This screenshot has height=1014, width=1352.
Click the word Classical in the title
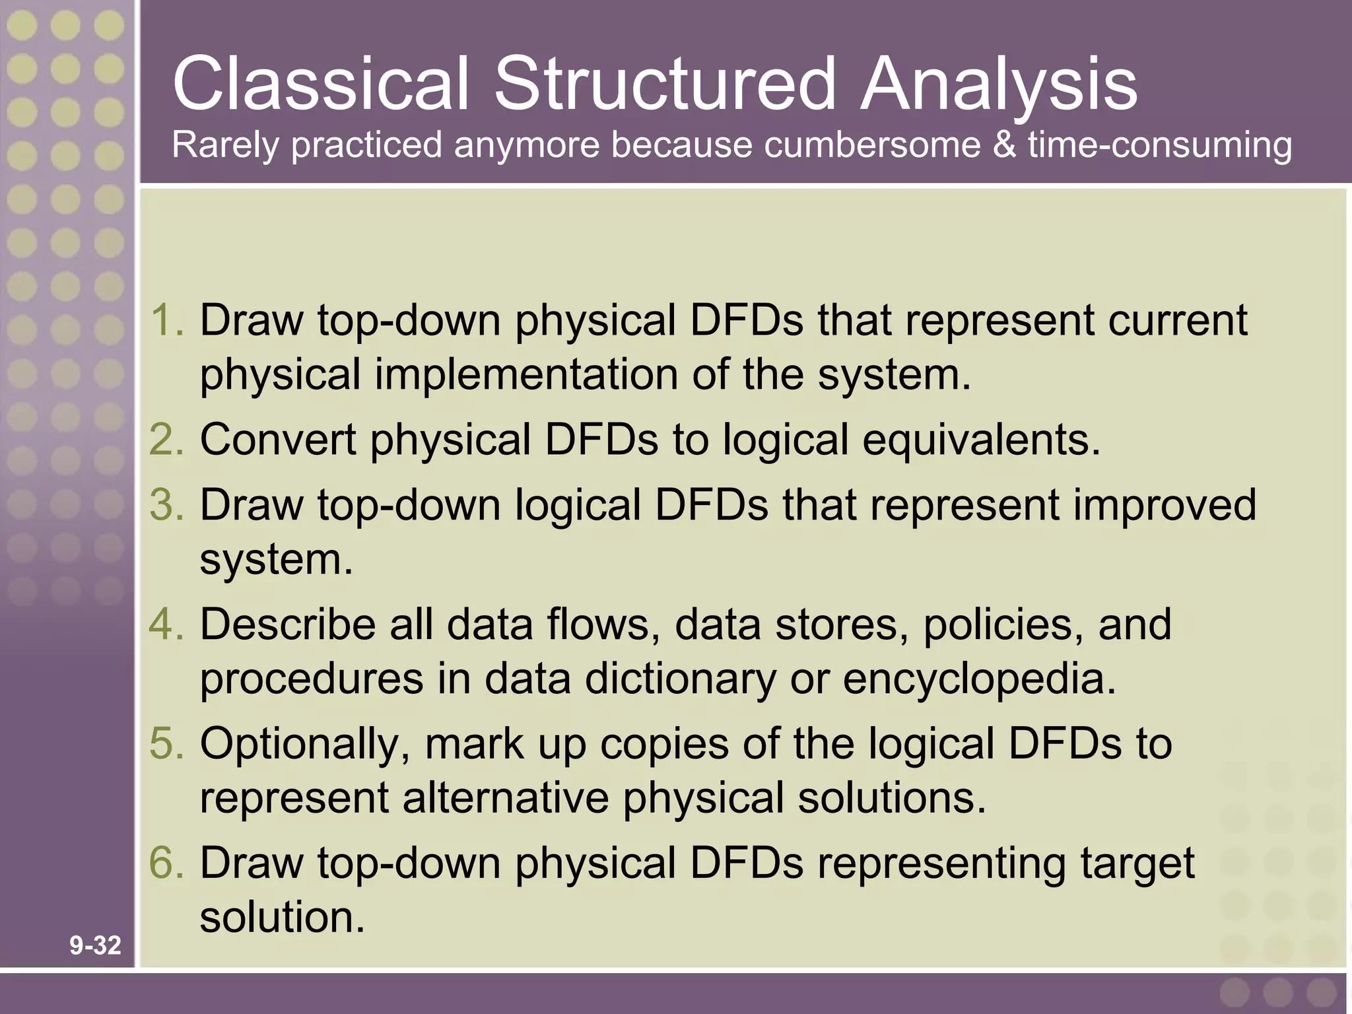coord(320,84)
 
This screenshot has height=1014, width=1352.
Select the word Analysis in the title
coord(999,84)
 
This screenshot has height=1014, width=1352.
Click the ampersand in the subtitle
coord(1004,145)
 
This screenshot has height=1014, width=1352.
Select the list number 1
coord(166,320)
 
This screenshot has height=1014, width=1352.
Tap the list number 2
coord(166,440)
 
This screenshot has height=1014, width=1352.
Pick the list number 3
coord(166,505)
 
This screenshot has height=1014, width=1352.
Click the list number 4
coord(166,625)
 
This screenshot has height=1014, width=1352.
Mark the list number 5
coord(166,744)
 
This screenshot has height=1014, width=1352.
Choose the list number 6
coord(166,863)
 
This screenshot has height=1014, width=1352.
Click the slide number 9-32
coord(96,945)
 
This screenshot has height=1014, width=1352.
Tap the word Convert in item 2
coord(278,440)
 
